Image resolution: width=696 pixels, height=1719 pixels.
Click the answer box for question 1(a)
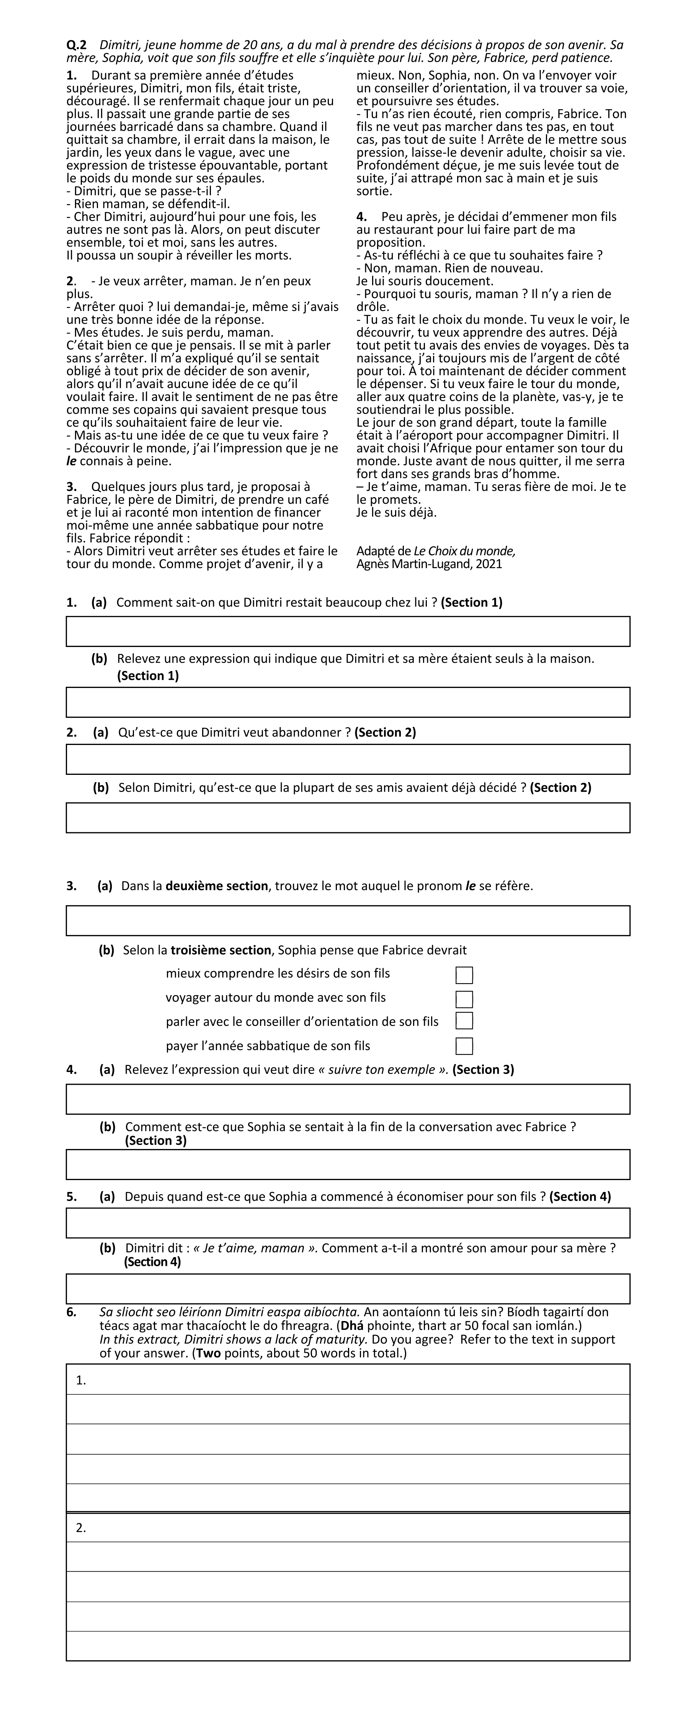point(348,631)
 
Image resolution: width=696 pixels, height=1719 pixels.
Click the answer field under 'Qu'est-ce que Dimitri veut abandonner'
point(348,760)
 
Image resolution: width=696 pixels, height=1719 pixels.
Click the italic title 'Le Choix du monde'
point(464,551)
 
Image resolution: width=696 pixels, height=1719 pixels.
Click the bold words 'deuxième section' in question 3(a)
point(217,886)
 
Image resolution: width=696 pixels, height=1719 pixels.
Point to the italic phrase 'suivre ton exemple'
point(383,1070)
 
